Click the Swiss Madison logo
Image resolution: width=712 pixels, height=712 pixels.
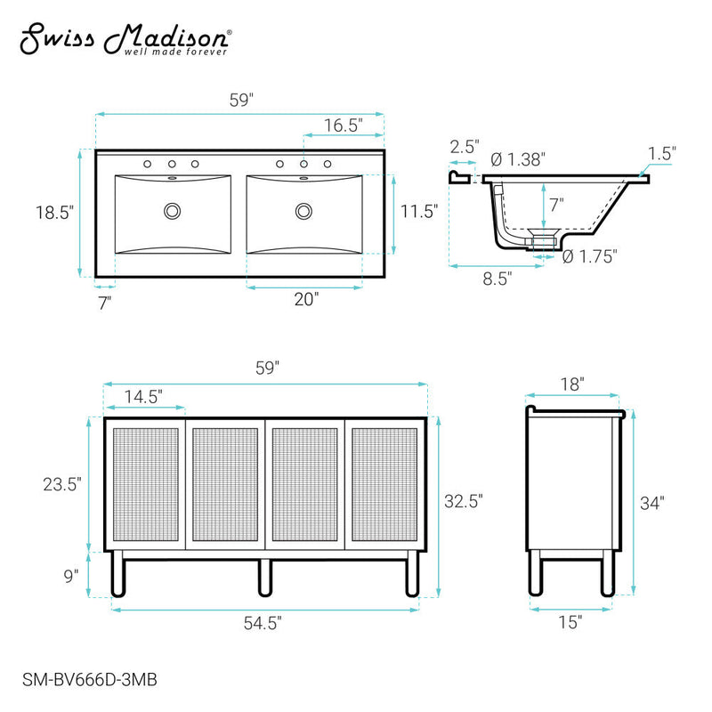point(125,40)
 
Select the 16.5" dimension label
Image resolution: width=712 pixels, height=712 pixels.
point(342,125)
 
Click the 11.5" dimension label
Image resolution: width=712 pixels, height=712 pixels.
point(421,212)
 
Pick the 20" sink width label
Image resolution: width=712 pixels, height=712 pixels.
point(305,300)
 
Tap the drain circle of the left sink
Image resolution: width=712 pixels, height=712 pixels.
point(171,212)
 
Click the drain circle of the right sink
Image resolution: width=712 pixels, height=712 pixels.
point(304,212)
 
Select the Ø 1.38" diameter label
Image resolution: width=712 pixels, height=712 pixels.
point(518,159)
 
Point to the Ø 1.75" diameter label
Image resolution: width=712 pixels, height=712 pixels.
point(591,255)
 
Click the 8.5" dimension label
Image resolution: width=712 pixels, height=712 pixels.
point(497,279)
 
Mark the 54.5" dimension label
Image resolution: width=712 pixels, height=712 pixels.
point(264,624)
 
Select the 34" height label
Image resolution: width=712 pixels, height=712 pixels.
point(653,503)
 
